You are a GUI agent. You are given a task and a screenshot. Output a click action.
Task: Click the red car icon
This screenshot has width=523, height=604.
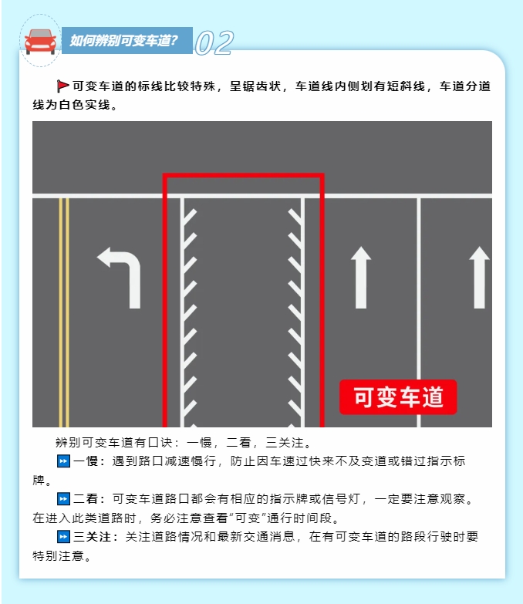tap(40, 41)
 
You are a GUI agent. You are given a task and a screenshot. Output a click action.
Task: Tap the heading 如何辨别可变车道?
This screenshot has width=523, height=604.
tap(123, 40)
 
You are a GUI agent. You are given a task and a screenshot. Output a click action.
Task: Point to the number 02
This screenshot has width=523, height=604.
tap(214, 42)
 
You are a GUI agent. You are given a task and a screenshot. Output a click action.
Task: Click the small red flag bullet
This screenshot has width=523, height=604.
tap(62, 86)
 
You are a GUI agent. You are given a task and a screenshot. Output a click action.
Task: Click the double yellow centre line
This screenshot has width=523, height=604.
tap(64, 312)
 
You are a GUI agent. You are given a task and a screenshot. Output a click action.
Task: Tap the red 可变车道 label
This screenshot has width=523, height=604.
tap(398, 397)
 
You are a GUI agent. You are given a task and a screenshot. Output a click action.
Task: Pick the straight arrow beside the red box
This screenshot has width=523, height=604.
tap(361, 278)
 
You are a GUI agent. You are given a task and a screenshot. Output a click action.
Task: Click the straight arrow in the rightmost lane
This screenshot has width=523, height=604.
tap(480, 278)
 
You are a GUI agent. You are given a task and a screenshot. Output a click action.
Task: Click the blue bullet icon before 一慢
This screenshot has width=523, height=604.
tap(63, 461)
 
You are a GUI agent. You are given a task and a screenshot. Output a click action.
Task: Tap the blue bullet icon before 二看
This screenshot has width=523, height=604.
tap(63, 499)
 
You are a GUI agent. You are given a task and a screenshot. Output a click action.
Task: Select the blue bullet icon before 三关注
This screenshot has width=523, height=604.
tap(63, 537)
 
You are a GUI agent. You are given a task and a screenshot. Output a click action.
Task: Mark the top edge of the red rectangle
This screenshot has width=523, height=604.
tap(244, 176)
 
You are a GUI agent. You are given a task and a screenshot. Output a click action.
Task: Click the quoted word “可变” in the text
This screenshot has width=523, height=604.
tap(248, 518)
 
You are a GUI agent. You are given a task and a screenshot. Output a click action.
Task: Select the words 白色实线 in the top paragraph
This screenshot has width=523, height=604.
tap(85, 105)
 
